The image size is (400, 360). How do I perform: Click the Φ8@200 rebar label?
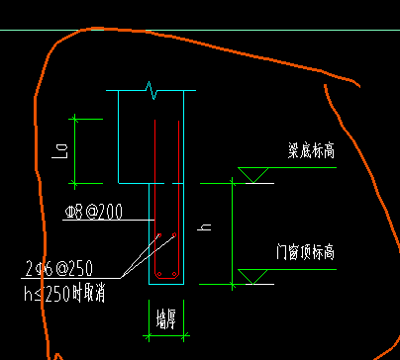(95, 213)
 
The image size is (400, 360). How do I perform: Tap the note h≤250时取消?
(65, 292)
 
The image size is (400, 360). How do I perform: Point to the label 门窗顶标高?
(306, 253)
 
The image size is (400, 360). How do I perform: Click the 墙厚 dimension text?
(165, 318)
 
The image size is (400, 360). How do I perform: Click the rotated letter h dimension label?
(207, 228)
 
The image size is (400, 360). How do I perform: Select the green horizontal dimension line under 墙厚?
(165, 337)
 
